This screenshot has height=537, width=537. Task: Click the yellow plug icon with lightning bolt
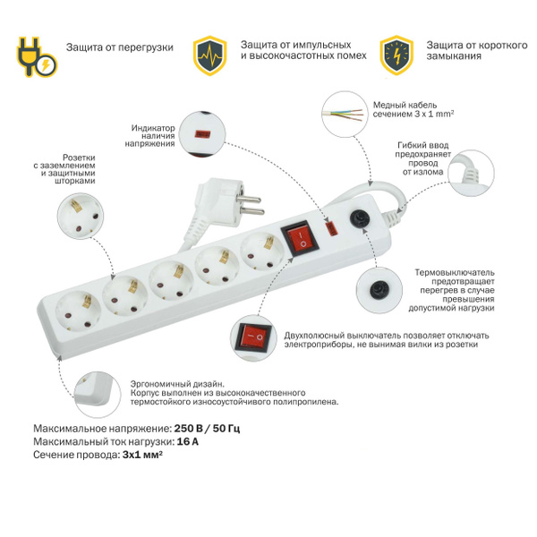37,57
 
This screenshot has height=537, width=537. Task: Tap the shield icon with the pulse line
210,55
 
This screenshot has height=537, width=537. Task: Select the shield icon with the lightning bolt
396,55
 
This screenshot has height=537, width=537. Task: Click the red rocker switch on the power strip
300,239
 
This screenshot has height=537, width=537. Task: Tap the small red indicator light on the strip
331,229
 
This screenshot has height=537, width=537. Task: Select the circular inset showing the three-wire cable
345,114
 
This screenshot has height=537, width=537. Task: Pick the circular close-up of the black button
379,290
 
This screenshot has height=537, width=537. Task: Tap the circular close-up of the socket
81,216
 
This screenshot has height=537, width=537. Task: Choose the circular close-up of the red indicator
203,133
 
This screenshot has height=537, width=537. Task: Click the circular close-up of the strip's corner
98,395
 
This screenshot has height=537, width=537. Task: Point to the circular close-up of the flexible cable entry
472,173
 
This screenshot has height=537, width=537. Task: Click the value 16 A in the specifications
188,442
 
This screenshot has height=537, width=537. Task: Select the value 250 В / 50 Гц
208,429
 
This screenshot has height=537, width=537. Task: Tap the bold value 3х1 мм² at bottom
142,456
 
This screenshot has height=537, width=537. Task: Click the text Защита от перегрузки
120,47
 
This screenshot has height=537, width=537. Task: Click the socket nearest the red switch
262,252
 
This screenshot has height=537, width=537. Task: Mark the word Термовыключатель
455,273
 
